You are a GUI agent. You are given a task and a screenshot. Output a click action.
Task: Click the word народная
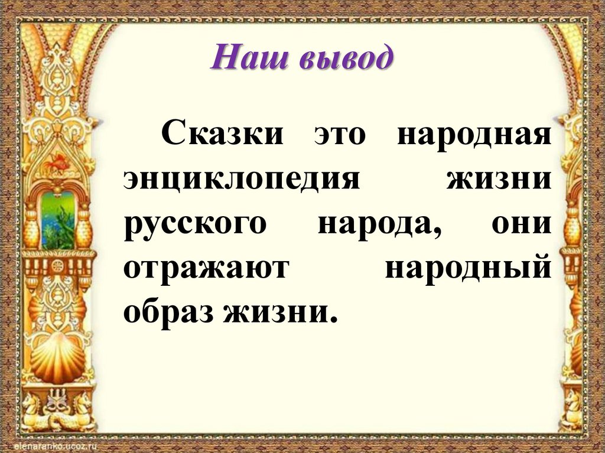(x=474, y=134)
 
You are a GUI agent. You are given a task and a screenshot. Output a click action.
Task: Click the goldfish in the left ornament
(x=58, y=161)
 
